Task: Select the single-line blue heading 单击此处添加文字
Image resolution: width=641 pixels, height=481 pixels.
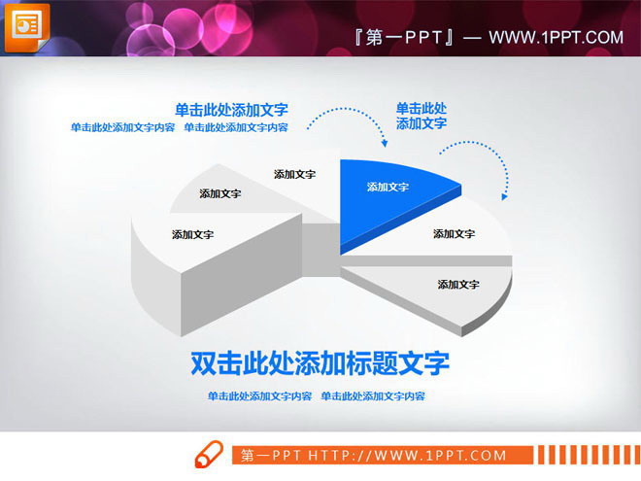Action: click(231, 110)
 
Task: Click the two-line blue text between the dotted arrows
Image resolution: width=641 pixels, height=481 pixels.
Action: click(422, 116)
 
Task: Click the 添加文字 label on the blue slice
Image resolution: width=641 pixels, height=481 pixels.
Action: click(388, 188)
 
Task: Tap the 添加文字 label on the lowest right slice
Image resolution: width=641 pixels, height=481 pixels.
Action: click(458, 285)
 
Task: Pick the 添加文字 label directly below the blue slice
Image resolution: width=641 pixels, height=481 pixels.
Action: click(454, 234)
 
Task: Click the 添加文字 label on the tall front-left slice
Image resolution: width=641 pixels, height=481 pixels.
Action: click(193, 234)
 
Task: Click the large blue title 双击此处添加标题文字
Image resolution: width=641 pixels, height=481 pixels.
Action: click(320, 363)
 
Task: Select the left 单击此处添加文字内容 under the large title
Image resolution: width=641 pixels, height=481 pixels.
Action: click(260, 396)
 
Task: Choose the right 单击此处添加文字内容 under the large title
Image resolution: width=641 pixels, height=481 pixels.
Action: click(373, 396)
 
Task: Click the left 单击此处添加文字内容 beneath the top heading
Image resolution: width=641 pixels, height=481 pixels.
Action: click(122, 127)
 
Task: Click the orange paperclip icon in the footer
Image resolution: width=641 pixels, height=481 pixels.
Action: click(209, 455)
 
